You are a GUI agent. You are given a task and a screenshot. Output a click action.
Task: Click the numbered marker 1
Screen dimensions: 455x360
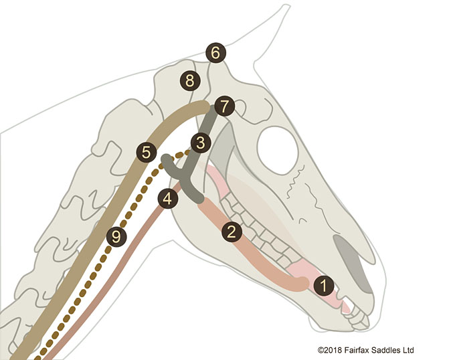tap(324, 286)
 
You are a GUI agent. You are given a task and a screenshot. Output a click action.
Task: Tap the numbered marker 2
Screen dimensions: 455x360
tap(232, 232)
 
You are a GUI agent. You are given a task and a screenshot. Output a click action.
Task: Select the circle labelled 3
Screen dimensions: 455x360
tap(201, 143)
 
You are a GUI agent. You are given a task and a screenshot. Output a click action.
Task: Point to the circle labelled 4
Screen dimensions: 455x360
tap(168, 199)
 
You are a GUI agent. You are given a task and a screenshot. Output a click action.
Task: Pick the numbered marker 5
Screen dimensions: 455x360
tap(147, 152)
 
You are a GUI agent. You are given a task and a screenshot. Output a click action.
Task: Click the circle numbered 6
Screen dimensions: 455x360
tap(215, 53)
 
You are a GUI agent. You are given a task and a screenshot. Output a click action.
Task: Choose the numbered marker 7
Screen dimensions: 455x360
tap(224, 106)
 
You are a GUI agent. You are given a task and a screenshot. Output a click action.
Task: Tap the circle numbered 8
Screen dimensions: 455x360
tap(190, 80)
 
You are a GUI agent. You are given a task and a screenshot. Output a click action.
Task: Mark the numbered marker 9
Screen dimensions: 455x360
tap(116, 237)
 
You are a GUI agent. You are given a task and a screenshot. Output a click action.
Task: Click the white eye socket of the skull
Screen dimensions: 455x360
tap(278, 150)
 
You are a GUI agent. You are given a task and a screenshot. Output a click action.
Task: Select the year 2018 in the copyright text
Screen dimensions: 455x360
tap(333, 350)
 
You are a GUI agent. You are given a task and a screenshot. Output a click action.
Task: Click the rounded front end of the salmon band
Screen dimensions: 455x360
tap(302, 283)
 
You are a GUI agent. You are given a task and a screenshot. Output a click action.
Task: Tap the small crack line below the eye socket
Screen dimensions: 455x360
tap(295, 182)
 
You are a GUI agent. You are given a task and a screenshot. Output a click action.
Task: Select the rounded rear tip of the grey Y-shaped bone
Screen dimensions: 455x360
tap(167, 159)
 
